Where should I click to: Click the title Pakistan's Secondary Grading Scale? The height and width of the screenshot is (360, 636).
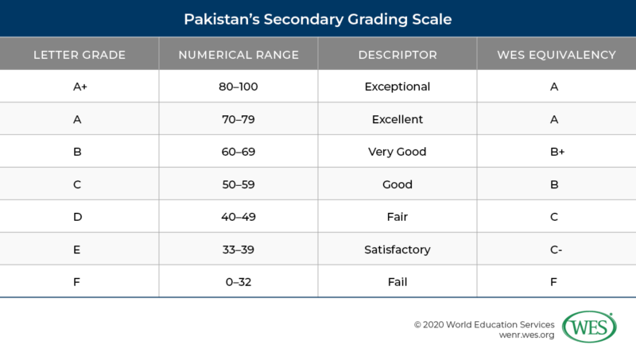click(318, 17)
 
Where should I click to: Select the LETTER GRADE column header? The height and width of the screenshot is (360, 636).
click(79, 55)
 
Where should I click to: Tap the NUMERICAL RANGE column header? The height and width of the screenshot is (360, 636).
click(238, 55)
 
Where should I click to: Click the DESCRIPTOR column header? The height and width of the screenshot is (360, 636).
click(397, 55)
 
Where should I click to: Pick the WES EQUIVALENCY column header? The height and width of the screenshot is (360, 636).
click(556, 55)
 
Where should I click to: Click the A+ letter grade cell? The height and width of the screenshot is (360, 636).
click(79, 87)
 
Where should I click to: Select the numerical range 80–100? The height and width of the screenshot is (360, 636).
click(238, 87)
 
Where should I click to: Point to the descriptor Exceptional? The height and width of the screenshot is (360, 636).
click(397, 87)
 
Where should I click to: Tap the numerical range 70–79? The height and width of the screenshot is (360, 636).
click(238, 119)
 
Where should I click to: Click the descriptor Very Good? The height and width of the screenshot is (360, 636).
click(397, 152)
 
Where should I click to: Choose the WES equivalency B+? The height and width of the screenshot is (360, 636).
click(556, 152)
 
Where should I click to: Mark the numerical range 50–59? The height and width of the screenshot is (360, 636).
click(238, 184)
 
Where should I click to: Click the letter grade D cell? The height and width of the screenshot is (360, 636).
click(79, 217)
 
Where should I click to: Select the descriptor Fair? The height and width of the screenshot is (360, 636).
click(397, 217)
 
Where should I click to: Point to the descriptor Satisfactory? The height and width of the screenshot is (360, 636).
click(397, 250)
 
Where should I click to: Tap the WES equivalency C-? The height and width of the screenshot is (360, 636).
click(556, 250)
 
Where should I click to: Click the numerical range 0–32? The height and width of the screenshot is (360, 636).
click(238, 281)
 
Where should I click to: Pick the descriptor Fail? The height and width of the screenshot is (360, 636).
click(397, 281)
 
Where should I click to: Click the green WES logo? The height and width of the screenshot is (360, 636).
click(590, 327)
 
